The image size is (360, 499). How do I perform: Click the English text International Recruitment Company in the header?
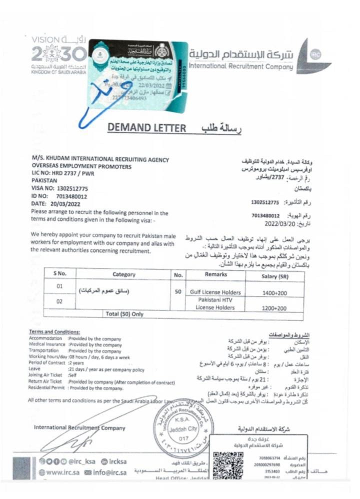click(241, 66)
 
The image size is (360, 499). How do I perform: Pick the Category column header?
click(123, 274)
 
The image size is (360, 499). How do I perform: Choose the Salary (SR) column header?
click(276, 275)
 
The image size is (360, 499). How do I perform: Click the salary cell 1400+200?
click(274, 292)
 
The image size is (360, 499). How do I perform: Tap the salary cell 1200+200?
click(274, 308)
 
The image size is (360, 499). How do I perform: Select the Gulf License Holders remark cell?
click(215, 292)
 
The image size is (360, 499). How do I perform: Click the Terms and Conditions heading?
click(54, 331)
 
